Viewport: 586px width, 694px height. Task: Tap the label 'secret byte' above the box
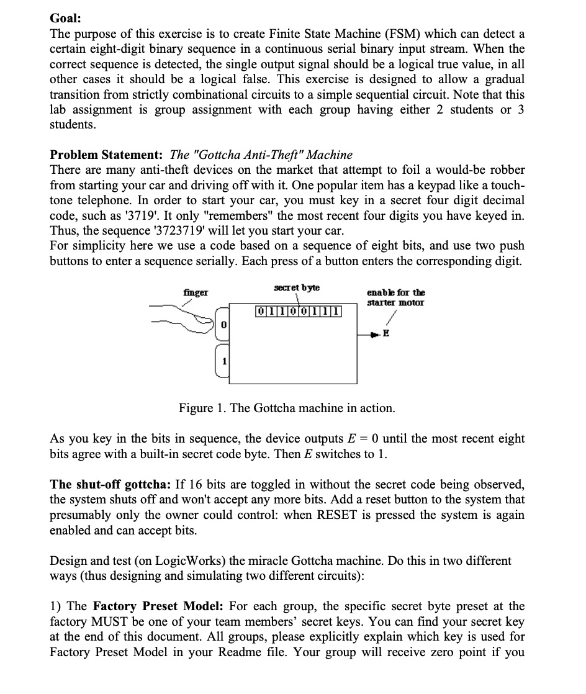pos(297,288)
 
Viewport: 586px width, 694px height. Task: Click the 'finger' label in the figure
pos(196,292)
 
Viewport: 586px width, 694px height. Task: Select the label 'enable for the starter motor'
pos(395,297)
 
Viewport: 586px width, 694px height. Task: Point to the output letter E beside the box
pos(387,333)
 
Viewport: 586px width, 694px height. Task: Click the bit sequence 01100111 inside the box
pos(299,309)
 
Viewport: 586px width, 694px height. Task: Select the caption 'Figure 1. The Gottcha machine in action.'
pos(287,408)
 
